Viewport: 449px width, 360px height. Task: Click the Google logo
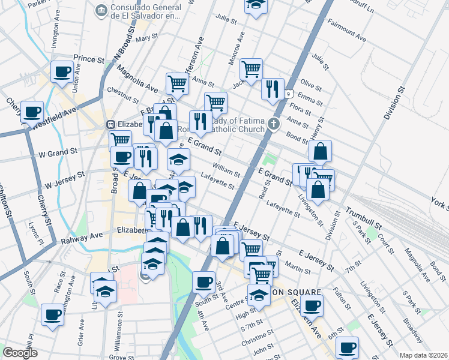click(x=20, y=353)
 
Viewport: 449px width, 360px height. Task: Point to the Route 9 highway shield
click(x=289, y=94)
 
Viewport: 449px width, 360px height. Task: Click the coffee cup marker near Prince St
click(x=62, y=73)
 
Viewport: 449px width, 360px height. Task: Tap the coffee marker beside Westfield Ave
click(x=32, y=112)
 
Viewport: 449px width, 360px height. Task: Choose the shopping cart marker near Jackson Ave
click(x=251, y=68)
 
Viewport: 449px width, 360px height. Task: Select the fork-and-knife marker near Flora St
click(x=273, y=89)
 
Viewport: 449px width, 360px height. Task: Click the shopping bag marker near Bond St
click(x=321, y=152)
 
